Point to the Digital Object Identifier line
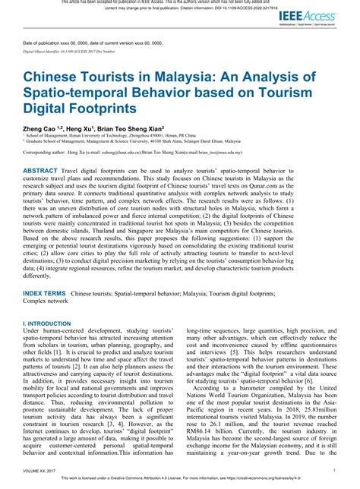tap(76, 54)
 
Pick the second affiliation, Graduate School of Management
tap(152, 144)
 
